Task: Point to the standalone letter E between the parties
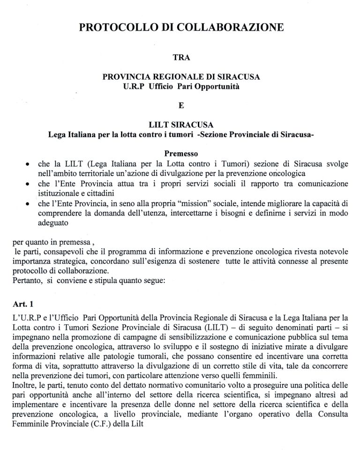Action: tap(181, 105)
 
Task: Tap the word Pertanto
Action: tap(26, 281)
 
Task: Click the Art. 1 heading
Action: tap(22, 304)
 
